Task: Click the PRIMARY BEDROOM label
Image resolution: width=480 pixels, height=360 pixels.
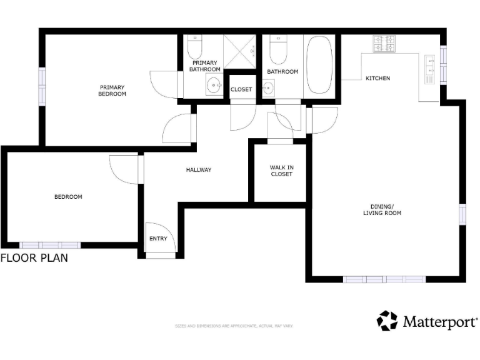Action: (112, 91)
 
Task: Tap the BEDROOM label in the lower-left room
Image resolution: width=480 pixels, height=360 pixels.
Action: (68, 197)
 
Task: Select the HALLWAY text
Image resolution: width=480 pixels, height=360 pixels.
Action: (199, 170)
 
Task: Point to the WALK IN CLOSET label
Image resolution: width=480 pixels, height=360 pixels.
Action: (281, 171)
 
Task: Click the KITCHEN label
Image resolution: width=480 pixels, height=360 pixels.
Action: (378, 78)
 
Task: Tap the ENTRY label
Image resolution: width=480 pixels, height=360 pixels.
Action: (158, 239)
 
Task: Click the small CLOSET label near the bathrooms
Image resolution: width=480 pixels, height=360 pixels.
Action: (241, 89)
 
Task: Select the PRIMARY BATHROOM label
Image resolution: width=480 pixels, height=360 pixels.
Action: (205, 66)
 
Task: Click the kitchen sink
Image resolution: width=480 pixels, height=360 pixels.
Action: (431, 69)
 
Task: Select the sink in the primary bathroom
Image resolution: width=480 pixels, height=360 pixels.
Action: (214, 87)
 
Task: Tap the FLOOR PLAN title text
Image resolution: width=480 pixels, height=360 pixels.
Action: (34, 257)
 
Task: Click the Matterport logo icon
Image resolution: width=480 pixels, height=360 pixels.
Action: (387, 321)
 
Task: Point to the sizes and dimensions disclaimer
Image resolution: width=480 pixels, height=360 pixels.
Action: (234, 326)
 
